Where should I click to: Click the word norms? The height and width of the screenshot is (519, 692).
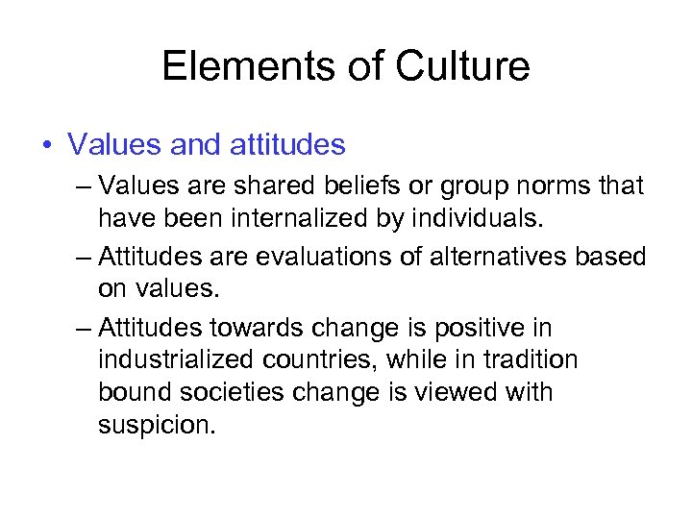(x=548, y=185)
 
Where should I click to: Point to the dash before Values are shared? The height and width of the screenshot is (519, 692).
(x=83, y=185)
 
